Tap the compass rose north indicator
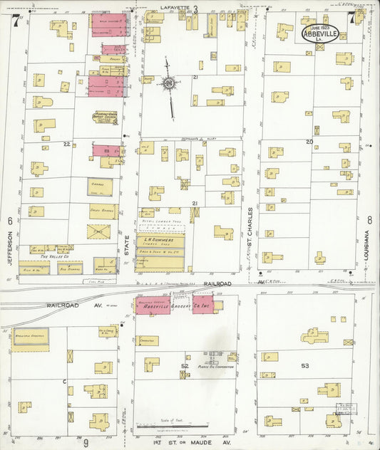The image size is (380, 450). click(169, 83)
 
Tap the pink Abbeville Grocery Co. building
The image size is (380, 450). click(176, 305)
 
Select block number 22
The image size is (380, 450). click(66, 145)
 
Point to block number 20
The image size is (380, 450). click(309, 142)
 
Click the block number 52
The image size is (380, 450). click(184, 366)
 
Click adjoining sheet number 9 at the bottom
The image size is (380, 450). click(85, 443)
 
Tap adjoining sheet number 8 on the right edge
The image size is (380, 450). click(370, 221)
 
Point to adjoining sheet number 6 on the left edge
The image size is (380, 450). click(10, 221)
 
